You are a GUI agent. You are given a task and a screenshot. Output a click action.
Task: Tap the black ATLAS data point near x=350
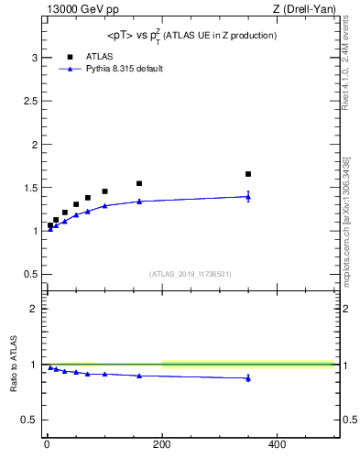tap(248, 174)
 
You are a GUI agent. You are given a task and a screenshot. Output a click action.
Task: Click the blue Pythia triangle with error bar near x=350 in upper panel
tap(248, 196)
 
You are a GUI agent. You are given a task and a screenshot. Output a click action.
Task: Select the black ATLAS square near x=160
tap(139, 183)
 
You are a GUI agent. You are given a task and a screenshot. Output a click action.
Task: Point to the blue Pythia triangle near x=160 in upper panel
tap(139, 201)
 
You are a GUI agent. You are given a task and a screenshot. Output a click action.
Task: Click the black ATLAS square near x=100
tap(104, 191)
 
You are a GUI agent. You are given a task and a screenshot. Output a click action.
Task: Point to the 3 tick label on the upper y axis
tap(35, 58)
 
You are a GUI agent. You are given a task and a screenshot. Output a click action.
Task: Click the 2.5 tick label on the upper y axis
tap(31, 101)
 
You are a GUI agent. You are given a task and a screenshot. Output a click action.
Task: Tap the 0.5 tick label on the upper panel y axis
tap(31, 274)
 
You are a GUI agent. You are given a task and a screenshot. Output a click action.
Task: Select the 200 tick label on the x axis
tap(162, 444)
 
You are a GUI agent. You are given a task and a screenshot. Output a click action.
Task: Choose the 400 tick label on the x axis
tap(277, 444)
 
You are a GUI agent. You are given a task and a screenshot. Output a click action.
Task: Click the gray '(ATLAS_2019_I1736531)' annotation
tap(191, 274)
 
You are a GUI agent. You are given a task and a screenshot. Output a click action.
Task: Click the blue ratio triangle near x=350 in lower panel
tap(248, 377)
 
